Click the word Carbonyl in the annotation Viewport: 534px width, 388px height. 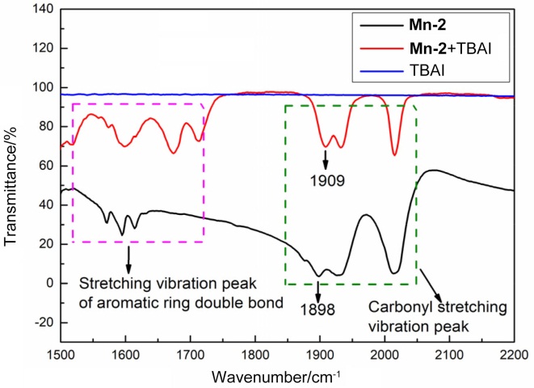coord(396,307)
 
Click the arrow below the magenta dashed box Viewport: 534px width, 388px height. coord(128,259)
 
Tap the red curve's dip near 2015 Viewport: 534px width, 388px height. coord(394,154)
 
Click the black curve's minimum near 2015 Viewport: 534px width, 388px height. coord(394,272)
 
